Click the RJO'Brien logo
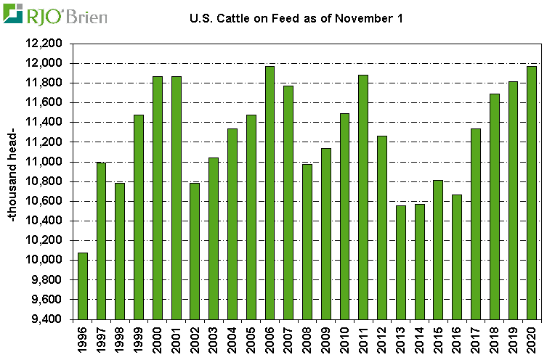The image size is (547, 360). (x=54, y=15)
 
